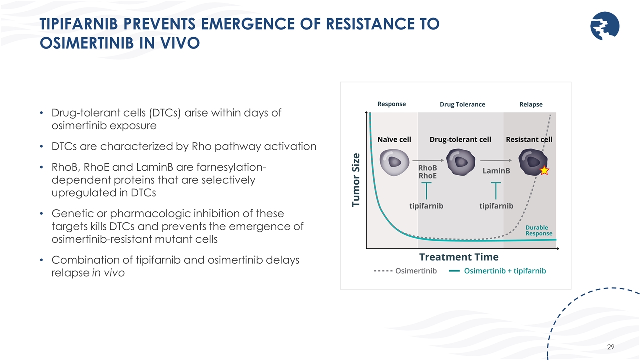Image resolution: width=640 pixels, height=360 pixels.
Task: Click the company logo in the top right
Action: point(605,26)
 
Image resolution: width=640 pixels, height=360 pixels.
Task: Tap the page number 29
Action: point(610,347)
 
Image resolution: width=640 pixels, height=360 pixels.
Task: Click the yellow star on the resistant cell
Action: point(544,171)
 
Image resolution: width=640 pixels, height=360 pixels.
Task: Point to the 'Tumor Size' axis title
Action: point(356,179)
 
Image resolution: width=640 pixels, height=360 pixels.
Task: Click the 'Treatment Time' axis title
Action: point(458,257)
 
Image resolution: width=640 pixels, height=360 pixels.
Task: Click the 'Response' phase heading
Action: point(391,104)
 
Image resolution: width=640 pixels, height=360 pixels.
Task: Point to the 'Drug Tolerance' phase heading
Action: point(462,104)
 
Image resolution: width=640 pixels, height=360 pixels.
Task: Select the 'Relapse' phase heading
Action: point(530,104)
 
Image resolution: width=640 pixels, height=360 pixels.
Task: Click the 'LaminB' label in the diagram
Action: point(496,171)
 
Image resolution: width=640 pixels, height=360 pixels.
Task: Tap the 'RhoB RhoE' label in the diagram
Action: point(427,172)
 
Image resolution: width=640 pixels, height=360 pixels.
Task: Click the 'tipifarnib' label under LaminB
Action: point(496,206)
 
